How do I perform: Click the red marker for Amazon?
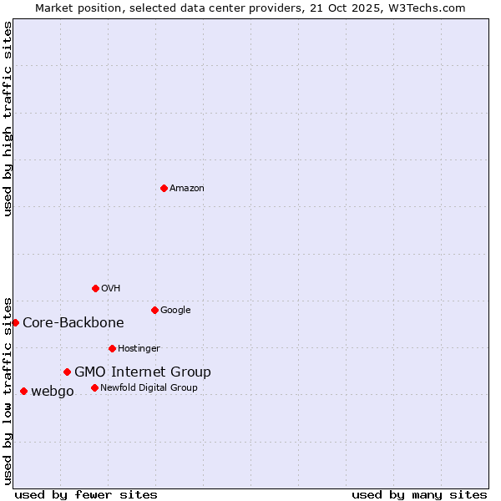click(164, 188)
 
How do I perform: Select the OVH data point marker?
click(95, 288)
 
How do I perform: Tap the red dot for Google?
click(154, 310)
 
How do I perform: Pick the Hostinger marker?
click(112, 348)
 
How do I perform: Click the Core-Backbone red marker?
click(15, 322)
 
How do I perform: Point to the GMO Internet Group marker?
click(67, 372)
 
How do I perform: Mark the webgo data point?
click(23, 391)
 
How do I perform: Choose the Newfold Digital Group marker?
click(94, 387)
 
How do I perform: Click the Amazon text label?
click(187, 189)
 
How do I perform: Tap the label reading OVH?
click(111, 289)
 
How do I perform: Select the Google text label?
click(175, 311)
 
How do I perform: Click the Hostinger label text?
click(139, 349)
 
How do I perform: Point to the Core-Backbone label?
click(73, 323)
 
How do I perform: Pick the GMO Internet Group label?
click(143, 372)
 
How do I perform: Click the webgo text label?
click(53, 392)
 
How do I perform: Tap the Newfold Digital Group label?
click(149, 388)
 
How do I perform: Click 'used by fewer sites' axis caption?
click(86, 494)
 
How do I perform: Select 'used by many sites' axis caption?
click(419, 494)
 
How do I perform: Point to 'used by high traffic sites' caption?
click(8, 119)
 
